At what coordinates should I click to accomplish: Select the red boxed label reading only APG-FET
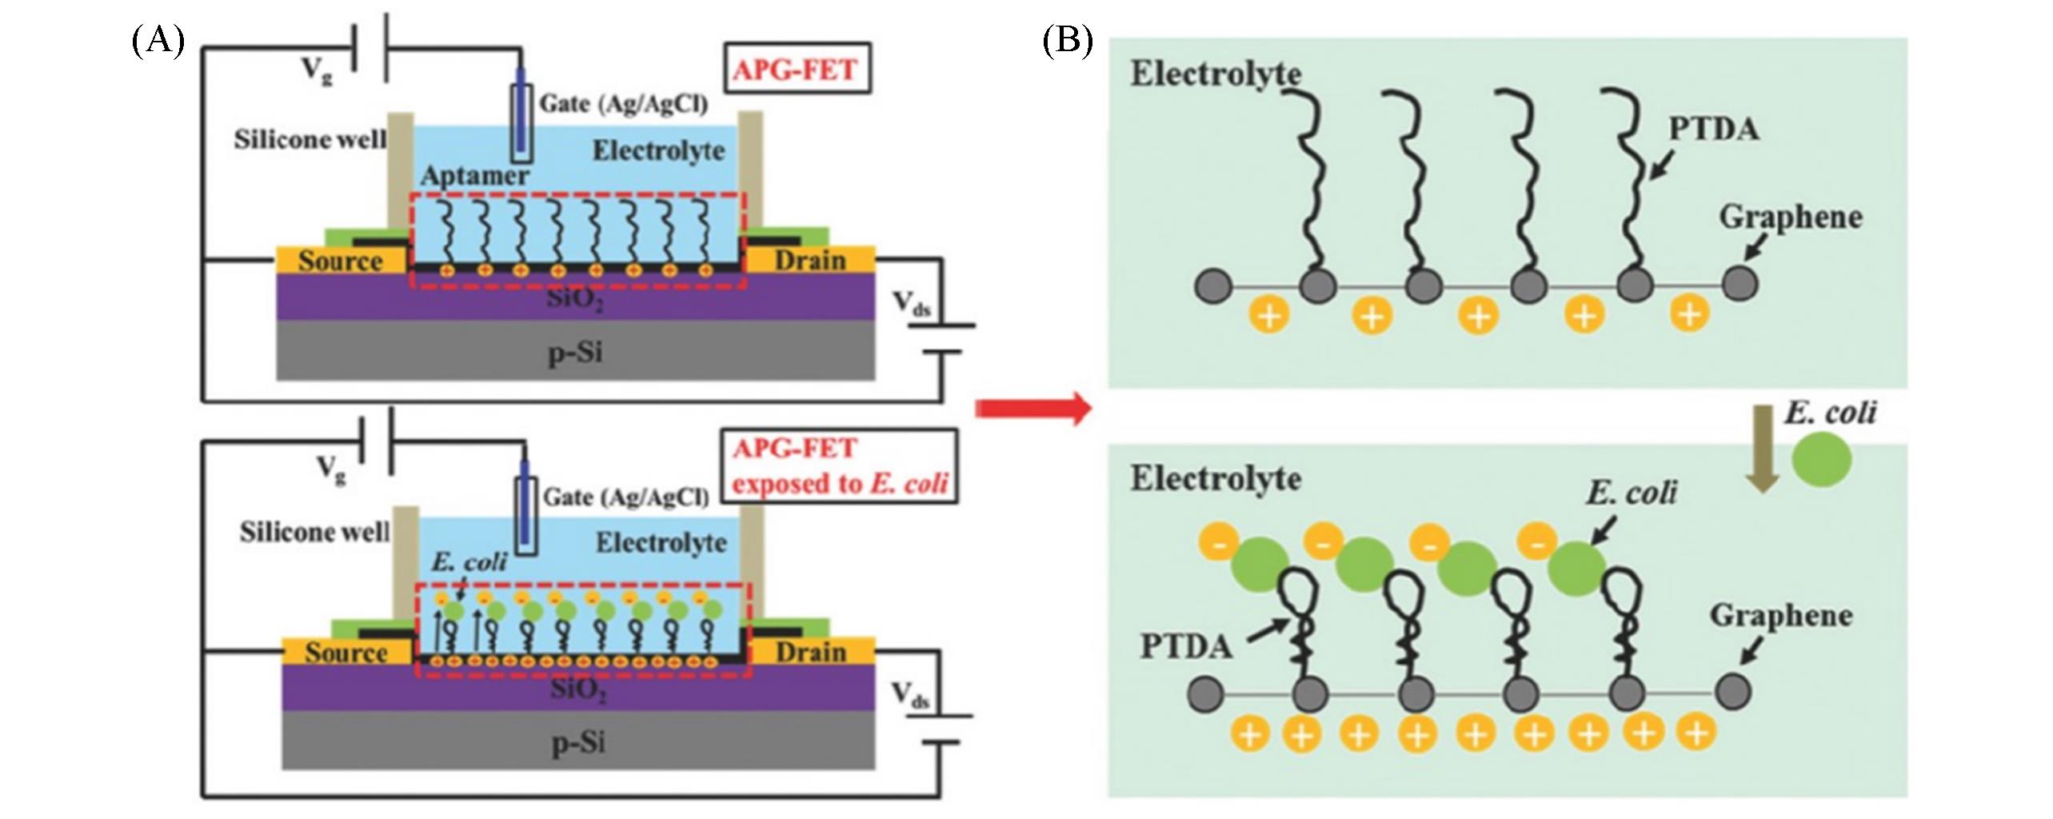click(795, 70)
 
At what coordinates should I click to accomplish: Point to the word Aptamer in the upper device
click(475, 176)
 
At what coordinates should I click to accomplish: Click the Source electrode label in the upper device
click(341, 261)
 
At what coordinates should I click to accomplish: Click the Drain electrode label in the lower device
click(810, 653)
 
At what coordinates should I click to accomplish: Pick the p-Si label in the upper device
click(575, 352)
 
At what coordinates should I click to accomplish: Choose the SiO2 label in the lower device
click(578, 689)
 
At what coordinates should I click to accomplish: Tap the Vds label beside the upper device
click(911, 304)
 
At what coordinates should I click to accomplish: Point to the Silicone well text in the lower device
click(314, 532)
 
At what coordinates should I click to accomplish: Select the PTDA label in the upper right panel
click(1713, 130)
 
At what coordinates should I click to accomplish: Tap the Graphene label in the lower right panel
click(1781, 616)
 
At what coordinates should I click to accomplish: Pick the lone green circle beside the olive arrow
click(1821, 461)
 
